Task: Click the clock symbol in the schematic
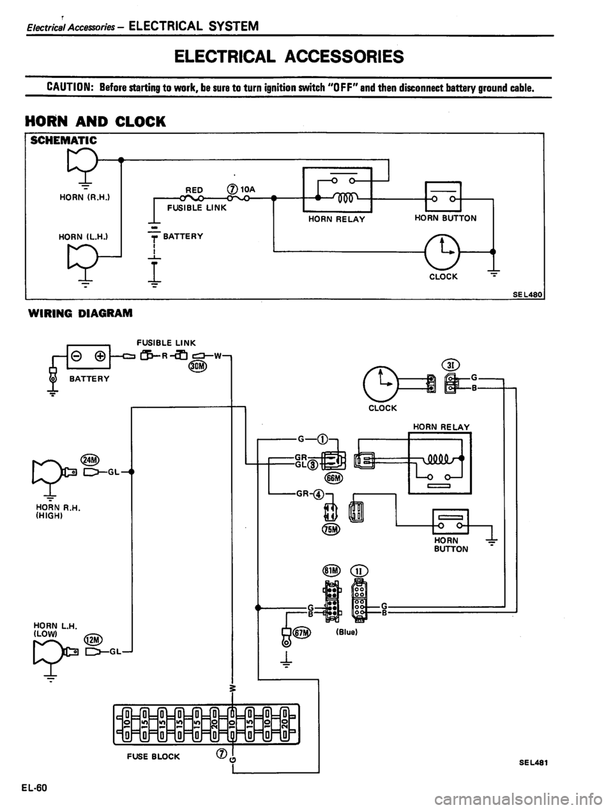coord(437,246)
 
